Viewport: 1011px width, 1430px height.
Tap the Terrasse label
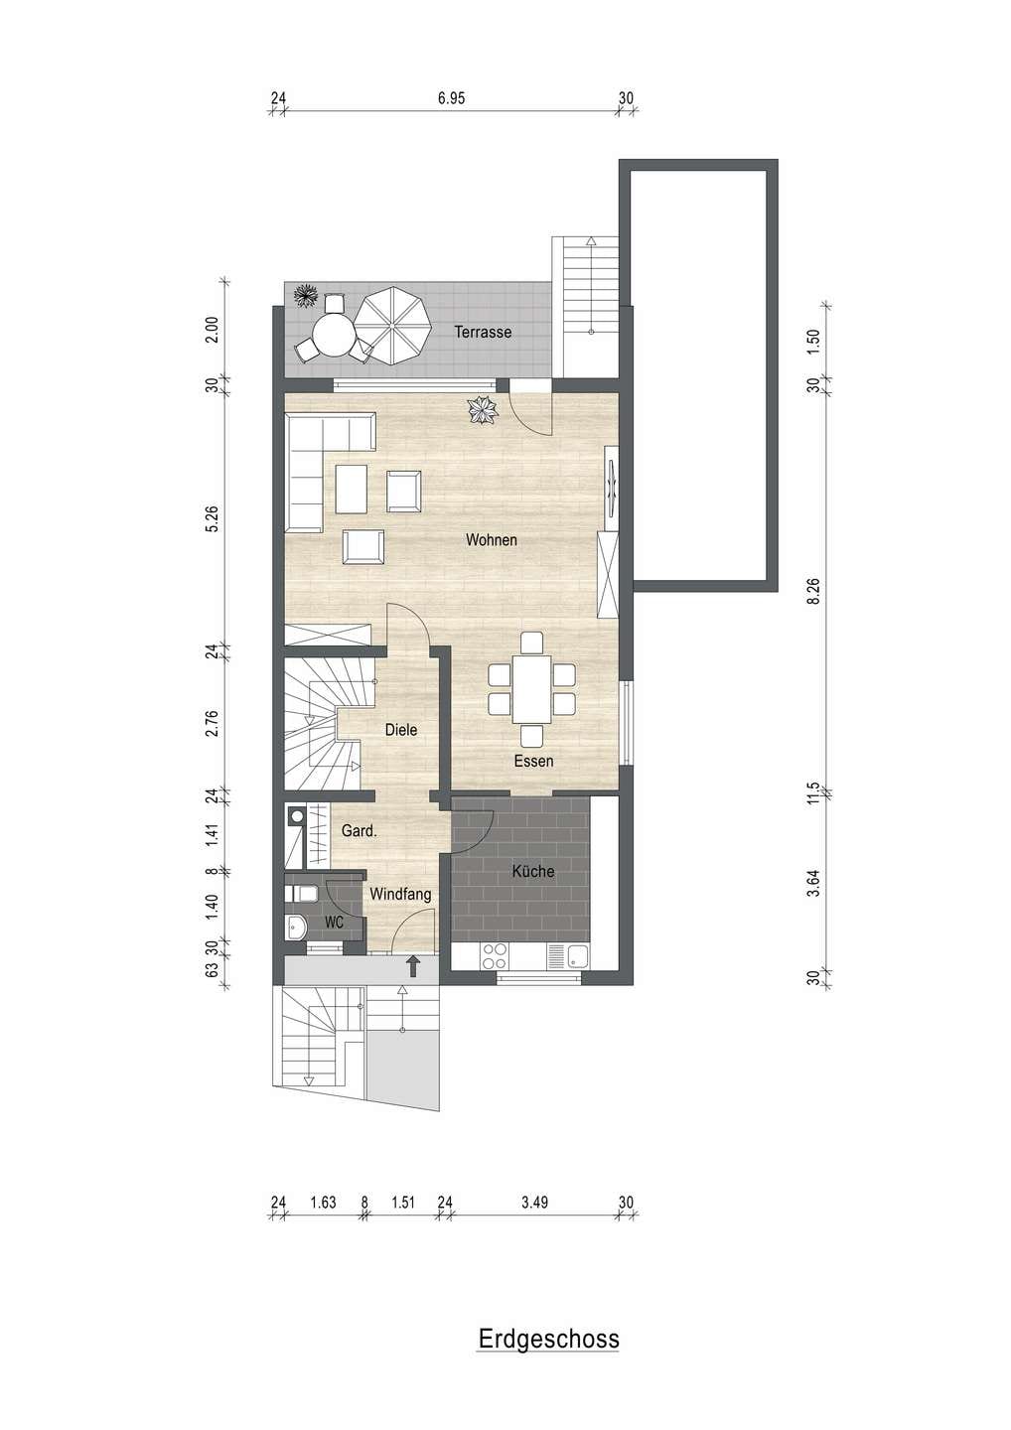point(483,332)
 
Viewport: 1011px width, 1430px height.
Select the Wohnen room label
point(491,540)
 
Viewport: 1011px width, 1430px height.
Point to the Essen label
point(533,761)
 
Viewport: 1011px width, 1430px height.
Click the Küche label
point(533,871)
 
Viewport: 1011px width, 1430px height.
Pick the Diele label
point(401,730)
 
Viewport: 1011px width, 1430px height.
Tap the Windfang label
point(400,895)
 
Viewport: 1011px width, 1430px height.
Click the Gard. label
point(360,831)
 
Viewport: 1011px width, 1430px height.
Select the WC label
point(335,923)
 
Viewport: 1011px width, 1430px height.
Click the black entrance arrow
point(413,966)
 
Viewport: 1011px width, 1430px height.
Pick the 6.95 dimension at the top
point(451,98)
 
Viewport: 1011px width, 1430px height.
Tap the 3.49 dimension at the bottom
point(534,1203)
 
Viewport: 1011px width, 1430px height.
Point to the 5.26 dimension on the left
point(213,518)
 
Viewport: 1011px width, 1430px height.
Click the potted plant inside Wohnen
point(483,410)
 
